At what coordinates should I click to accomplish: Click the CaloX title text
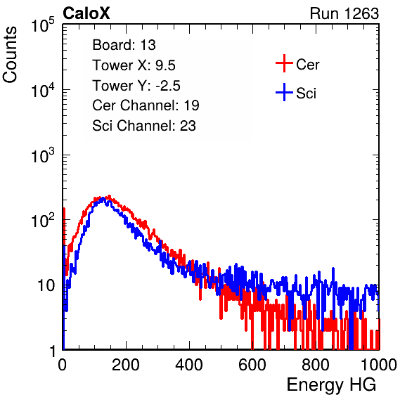(86, 13)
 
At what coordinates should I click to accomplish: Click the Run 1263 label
(344, 13)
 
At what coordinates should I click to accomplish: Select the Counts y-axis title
(10, 55)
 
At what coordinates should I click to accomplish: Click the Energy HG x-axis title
(331, 385)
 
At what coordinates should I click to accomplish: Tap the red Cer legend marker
(284, 63)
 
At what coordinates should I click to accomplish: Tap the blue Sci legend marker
(284, 92)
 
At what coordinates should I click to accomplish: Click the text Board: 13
(124, 45)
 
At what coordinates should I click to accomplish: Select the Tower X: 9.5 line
(134, 65)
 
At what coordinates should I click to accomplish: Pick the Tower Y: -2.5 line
(136, 86)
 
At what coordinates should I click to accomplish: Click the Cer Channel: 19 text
(146, 105)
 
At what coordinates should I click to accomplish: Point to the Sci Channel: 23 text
(144, 126)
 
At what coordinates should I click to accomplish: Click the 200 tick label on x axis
(126, 365)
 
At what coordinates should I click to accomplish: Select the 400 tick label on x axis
(189, 365)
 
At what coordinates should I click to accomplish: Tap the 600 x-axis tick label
(252, 365)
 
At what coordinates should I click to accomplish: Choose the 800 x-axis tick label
(316, 365)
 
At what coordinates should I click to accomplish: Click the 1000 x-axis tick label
(379, 365)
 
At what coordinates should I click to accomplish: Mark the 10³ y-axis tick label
(43, 155)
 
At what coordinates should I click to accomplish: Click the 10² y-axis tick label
(43, 220)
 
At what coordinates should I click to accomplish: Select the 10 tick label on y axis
(46, 285)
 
